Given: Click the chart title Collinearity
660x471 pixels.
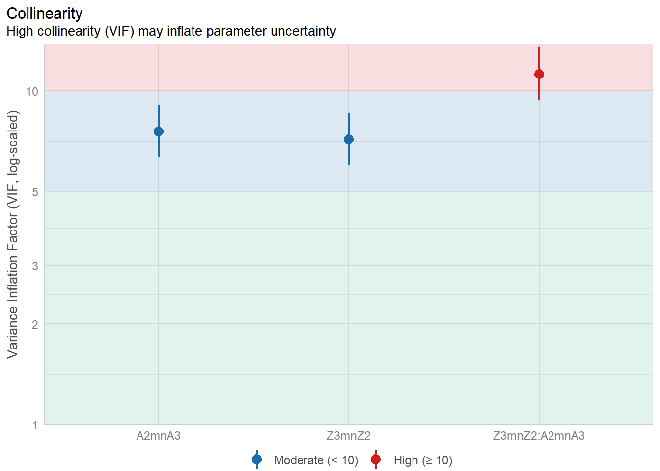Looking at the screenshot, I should point(44,13).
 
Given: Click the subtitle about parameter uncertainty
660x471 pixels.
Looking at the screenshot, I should point(171,31).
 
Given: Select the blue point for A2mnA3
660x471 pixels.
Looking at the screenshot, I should point(159,131).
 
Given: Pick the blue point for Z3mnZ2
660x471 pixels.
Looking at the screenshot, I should point(349,139).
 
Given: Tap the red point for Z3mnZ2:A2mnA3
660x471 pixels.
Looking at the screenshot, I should point(539,74).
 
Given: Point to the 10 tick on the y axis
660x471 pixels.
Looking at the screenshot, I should point(32,92).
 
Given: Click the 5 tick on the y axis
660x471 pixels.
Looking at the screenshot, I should point(35,192).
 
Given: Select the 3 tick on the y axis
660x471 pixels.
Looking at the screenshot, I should point(35,266).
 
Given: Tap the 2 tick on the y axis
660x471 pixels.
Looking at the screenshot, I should point(35,324).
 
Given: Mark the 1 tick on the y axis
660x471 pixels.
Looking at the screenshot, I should point(35,425).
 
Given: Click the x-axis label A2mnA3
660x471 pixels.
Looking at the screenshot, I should point(159,436).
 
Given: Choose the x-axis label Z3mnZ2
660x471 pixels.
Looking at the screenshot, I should point(349,436).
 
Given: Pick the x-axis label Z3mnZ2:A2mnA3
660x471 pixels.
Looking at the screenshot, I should point(539,436).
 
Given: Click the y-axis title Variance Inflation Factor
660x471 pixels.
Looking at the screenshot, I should point(13,234).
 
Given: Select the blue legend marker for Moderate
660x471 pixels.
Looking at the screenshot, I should point(257,460).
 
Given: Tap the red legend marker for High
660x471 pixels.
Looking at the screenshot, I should point(376,460).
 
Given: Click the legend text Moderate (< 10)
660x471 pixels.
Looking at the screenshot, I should point(316,460).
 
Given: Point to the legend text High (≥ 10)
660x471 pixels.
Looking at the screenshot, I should point(423,460).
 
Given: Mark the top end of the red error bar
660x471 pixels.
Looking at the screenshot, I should point(539,48).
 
